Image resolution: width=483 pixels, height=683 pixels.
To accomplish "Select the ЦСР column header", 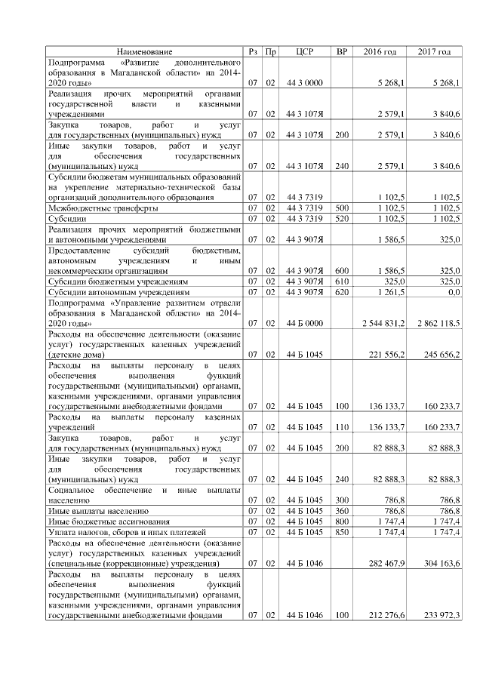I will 305,51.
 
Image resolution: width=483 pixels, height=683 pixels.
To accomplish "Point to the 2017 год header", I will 434,51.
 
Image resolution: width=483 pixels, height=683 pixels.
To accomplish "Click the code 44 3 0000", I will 305,82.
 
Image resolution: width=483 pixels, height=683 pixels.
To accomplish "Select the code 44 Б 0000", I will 305,323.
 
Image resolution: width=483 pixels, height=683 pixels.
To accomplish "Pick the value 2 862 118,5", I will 438,323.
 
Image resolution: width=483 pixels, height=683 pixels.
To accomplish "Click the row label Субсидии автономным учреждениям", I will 118,291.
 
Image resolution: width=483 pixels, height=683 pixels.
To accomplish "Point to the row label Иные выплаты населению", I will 97,511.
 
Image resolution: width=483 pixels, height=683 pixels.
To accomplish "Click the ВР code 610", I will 341,280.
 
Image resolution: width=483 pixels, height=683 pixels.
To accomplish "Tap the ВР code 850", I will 341,532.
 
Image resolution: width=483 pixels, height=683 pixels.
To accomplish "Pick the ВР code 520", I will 341,217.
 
